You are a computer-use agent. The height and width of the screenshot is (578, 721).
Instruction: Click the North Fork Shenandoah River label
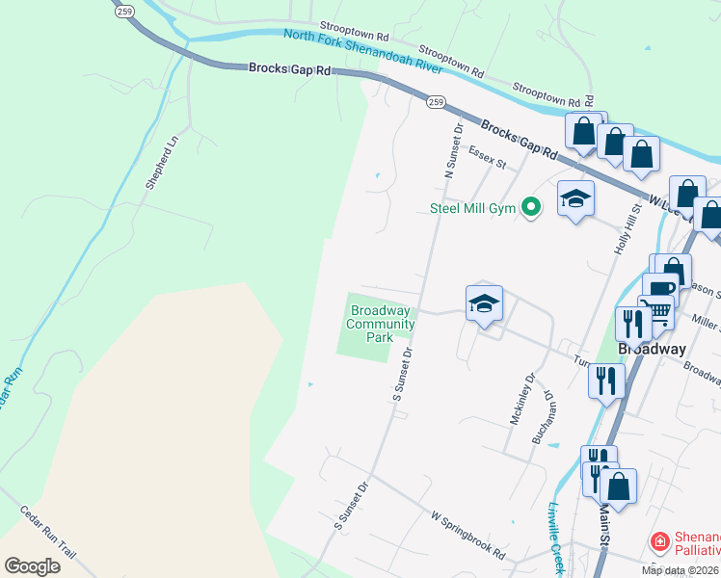pyautogui.click(x=363, y=52)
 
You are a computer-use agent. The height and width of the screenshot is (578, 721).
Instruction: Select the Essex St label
pyautogui.click(x=487, y=157)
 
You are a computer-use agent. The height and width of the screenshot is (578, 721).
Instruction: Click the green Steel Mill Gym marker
pyautogui.click(x=529, y=207)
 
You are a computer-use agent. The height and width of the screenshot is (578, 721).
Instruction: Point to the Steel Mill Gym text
pyautogui.click(x=472, y=208)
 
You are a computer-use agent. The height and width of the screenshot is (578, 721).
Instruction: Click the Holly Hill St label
pyautogui.click(x=626, y=228)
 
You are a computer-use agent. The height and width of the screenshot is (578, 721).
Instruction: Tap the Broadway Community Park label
pyautogui.click(x=381, y=325)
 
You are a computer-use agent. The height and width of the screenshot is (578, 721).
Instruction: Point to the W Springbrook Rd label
pyautogui.click(x=467, y=536)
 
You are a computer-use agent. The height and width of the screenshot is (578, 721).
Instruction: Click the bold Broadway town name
pyautogui.click(x=652, y=349)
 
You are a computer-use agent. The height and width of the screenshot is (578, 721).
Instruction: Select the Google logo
pyautogui.click(x=32, y=565)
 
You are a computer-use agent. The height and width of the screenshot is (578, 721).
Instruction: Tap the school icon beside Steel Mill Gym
pyautogui.click(x=575, y=198)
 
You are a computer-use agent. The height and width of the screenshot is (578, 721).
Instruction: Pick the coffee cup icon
pyautogui.click(x=660, y=289)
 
